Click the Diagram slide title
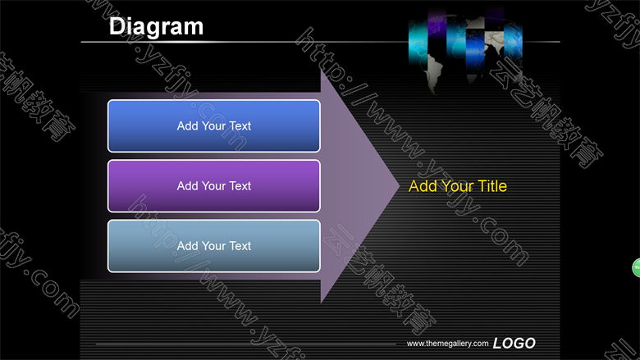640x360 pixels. [x=156, y=27]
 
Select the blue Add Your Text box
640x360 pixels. [x=214, y=126]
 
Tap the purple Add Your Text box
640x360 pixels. [x=214, y=186]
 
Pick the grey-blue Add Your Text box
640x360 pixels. [x=214, y=246]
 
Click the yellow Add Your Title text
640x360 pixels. [x=458, y=186]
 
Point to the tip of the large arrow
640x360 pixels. [x=400, y=186]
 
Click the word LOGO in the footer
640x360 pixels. [x=514, y=343]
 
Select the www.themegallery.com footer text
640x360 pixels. [x=447, y=344]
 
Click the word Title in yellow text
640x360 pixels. [x=492, y=186]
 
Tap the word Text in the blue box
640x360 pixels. [x=240, y=126]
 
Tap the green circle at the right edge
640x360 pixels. [x=637, y=268]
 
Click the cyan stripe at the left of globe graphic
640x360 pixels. [x=418, y=42]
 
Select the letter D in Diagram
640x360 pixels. [x=117, y=27]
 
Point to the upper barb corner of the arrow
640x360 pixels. [x=321, y=70]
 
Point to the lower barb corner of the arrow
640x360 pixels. [x=321, y=303]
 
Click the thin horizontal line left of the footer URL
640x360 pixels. [x=245, y=344]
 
